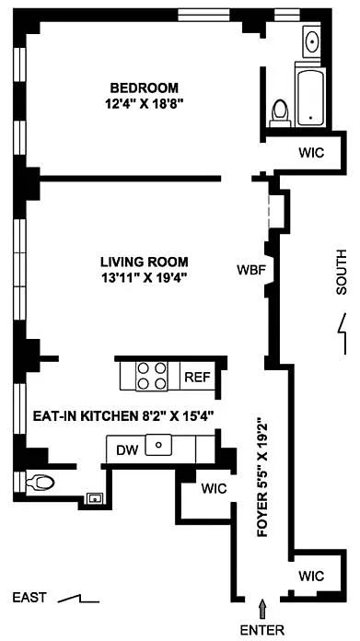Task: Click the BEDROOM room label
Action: (145, 87)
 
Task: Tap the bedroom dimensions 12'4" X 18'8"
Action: (143, 102)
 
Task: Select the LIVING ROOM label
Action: (145, 262)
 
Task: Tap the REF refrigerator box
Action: (198, 376)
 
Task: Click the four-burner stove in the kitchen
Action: (153, 376)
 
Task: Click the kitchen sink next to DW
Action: (159, 445)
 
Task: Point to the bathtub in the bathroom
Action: (311, 98)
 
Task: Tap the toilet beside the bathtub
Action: (280, 112)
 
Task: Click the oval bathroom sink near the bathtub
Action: (313, 41)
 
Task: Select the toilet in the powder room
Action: (40, 484)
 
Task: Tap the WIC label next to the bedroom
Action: (312, 153)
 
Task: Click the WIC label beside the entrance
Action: (311, 576)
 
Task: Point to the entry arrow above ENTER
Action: (262, 609)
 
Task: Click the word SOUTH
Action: (341, 273)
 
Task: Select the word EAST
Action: (29, 598)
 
